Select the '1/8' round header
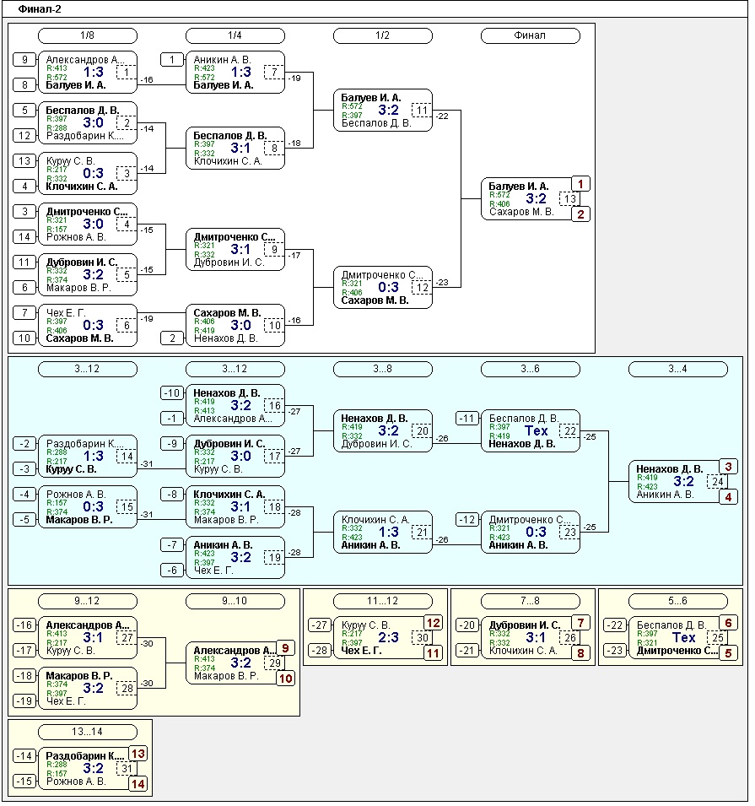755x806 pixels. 87,35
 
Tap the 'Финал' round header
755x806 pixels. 530,35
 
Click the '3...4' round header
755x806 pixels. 677,369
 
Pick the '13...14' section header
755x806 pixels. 87,732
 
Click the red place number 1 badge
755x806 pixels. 580,184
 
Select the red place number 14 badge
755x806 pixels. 138,783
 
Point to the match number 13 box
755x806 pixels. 571,199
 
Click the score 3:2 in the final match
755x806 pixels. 537,199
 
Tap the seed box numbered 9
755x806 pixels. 25,60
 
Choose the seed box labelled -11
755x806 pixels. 467,419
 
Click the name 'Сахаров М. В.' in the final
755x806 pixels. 520,212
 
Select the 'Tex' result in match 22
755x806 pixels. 537,431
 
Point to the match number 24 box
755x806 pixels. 718,482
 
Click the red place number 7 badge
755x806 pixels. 580,623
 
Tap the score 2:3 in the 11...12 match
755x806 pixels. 389,638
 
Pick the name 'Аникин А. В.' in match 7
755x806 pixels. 222,60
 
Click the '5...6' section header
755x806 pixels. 677,601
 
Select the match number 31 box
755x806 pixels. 127,769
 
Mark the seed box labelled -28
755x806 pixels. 320,651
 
